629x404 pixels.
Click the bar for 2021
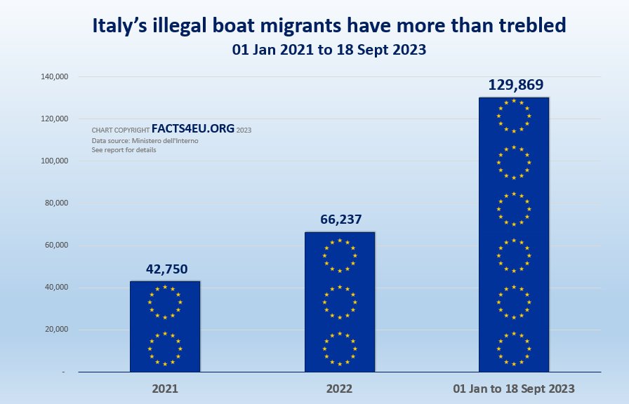pos(165,326)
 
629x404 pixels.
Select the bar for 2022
pos(340,302)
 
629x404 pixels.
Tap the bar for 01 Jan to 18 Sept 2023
pos(514,235)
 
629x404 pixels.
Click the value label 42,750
pos(167,269)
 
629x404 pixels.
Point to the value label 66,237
pos(340,220)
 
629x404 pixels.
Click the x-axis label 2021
pos(165,388)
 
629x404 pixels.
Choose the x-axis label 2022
pos(340,388)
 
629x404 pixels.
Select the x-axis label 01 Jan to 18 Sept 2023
pos(515,388)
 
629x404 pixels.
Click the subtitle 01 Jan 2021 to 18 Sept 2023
pos(329,50)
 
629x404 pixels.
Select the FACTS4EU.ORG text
pos(193,130)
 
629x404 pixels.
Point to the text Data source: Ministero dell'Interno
pos(145,141)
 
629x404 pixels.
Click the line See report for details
pos(124,150)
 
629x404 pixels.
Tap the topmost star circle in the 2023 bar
pos(514,116)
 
